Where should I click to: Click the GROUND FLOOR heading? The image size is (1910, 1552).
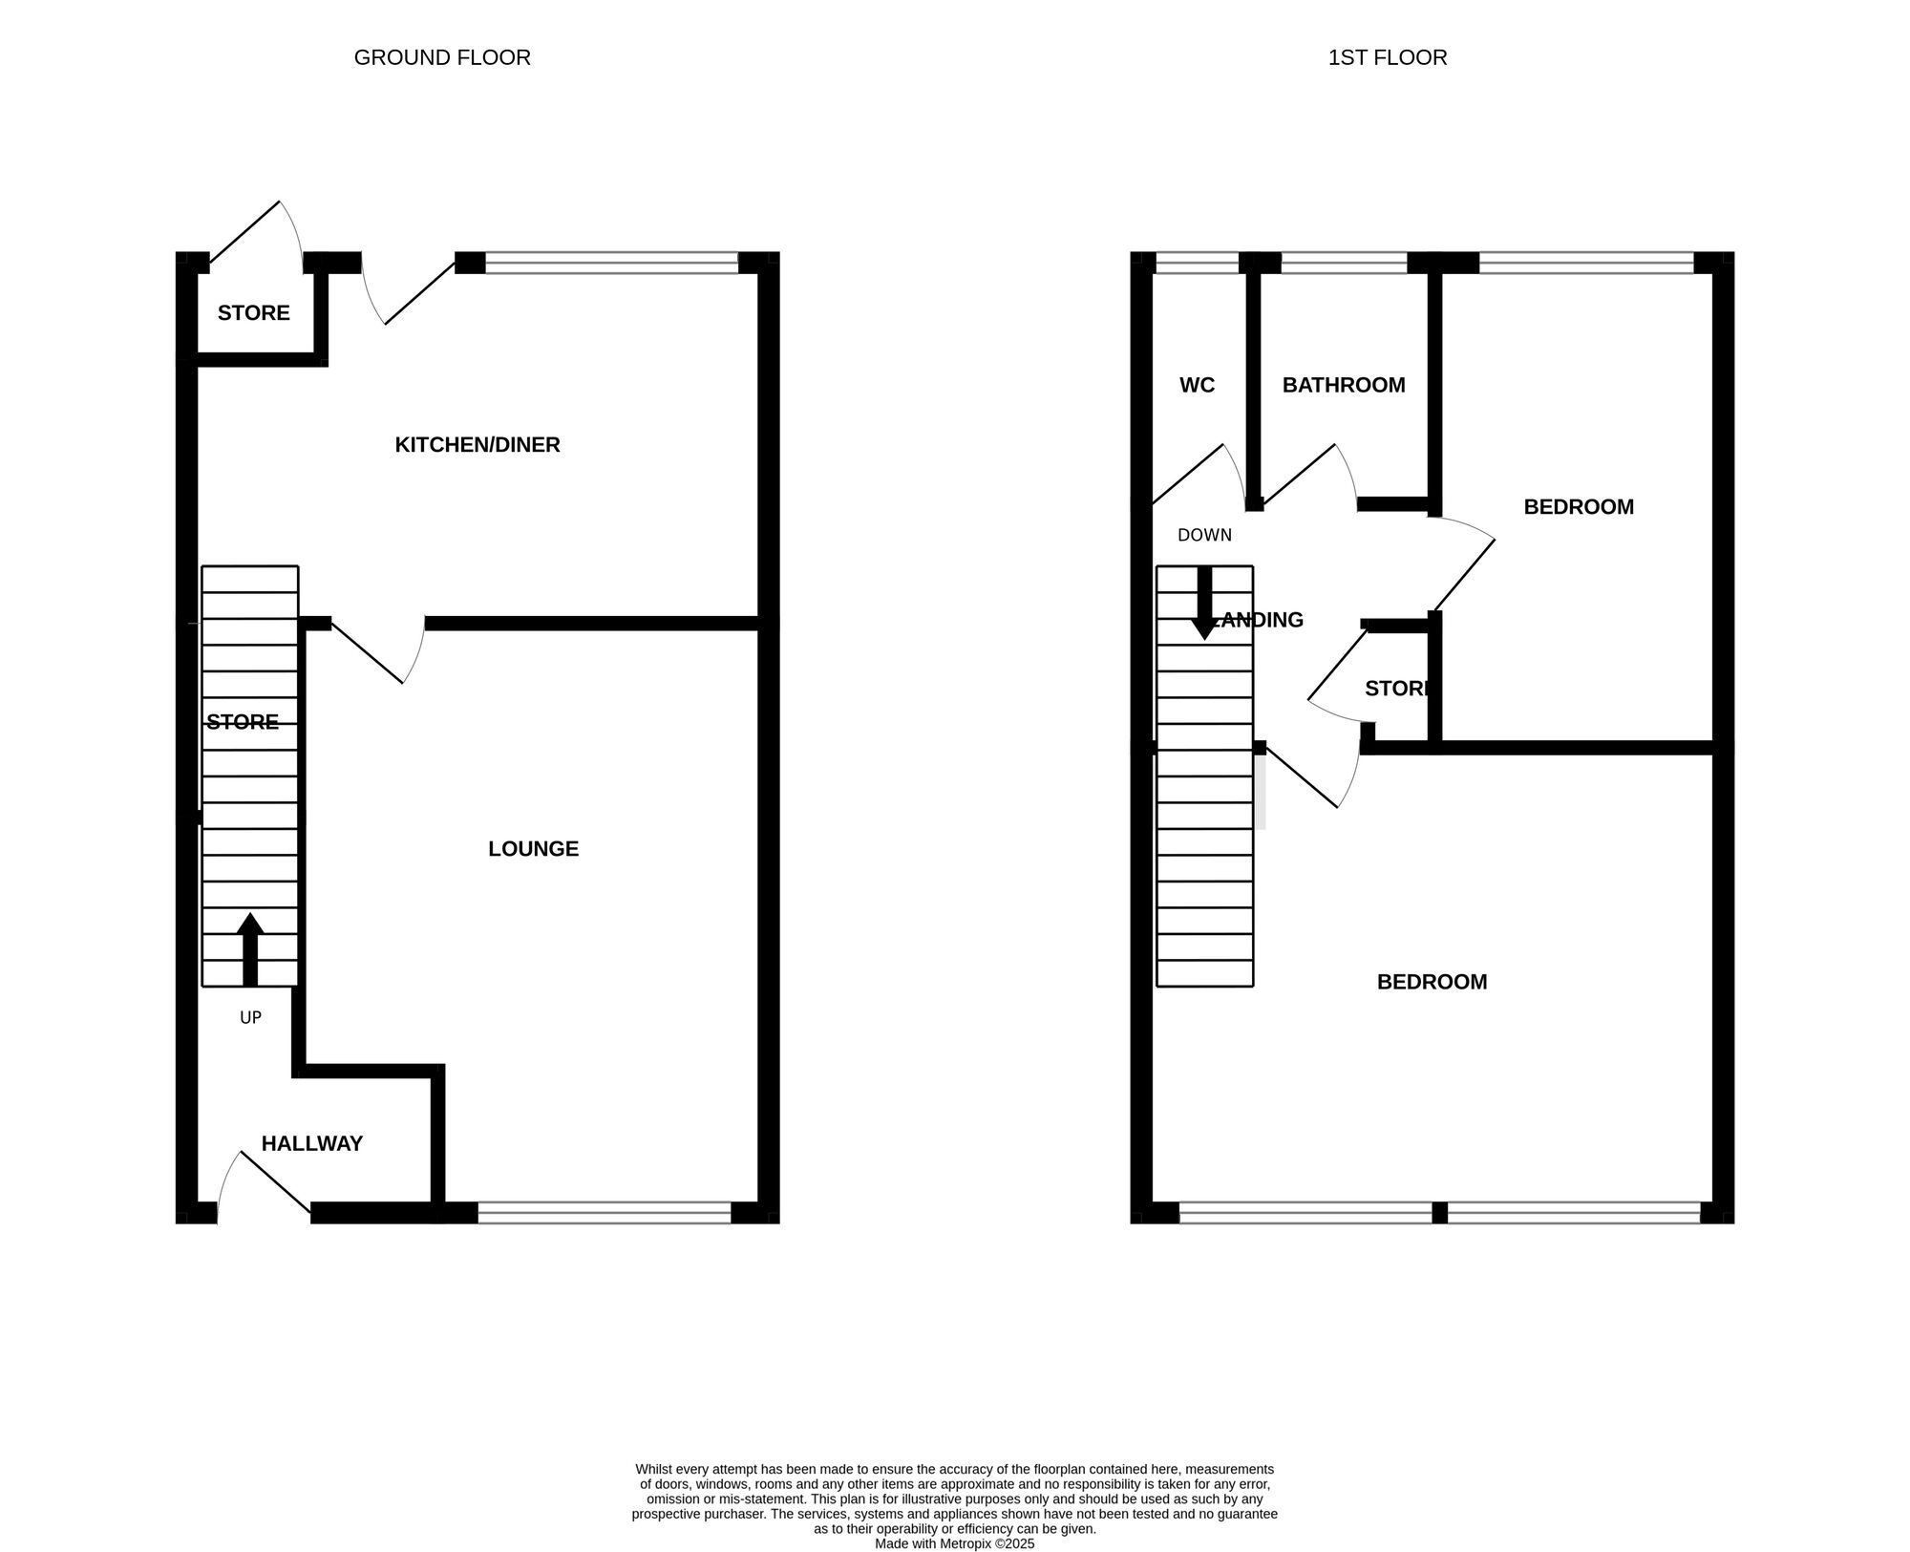coord(442,57)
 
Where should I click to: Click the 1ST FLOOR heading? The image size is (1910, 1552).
coord(1387,57)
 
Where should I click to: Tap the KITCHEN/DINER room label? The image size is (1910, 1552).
coord(477,444)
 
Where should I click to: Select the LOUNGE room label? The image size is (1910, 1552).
coord(533,848)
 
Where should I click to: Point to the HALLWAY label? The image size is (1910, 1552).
coord(312,1143)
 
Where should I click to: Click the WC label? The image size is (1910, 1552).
coord(1197,385)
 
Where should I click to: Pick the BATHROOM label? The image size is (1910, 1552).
coord(1343,385)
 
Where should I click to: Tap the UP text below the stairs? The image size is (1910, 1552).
coord(250,1018)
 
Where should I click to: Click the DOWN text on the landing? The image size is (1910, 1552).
coord(1204,535)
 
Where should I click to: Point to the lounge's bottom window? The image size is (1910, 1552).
coord(604,1213)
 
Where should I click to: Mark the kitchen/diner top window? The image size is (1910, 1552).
coord(611,263)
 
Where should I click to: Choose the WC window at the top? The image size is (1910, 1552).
coord(1197,263)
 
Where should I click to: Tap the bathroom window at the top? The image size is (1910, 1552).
coord(1344,263)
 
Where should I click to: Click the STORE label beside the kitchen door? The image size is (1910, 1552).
coord(253,312)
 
